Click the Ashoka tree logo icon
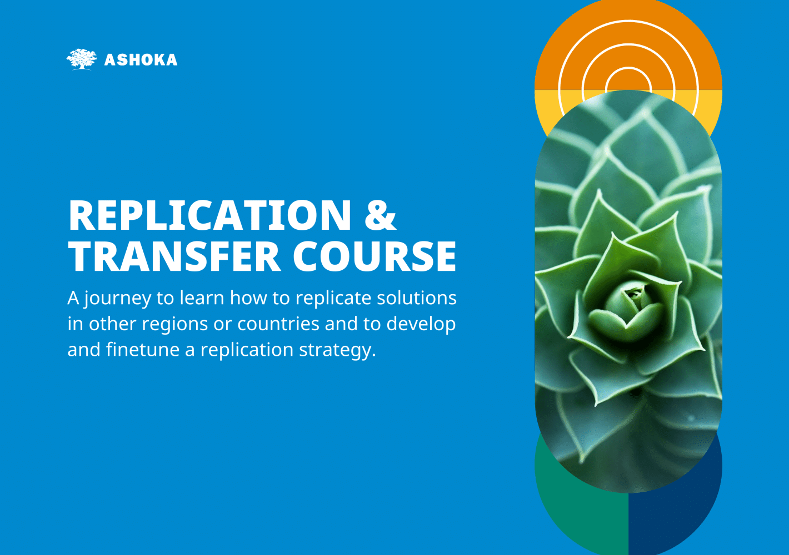tap(82, 59)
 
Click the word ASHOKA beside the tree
tap(141, 60)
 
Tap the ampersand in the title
tap(381, 215)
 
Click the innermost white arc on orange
tap(628, 68)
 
